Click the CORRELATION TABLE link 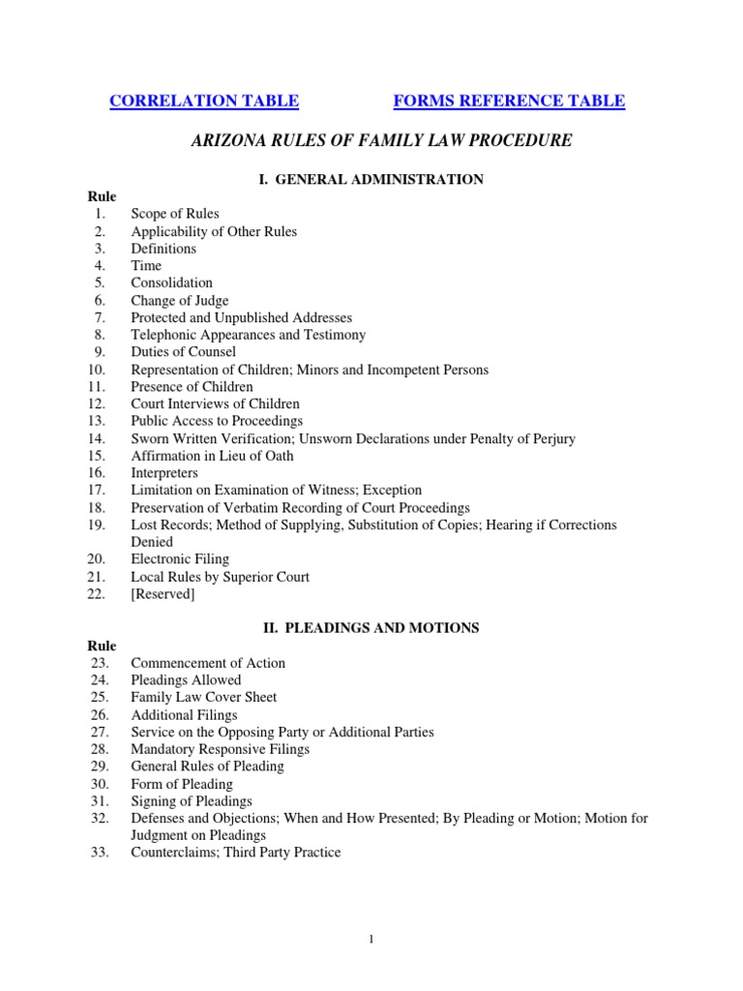204,101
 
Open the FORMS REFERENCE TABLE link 509,101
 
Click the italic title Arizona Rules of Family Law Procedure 383,141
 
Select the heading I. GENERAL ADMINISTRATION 372,179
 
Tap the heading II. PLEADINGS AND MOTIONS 371,628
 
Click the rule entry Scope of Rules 175,214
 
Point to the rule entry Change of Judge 180,300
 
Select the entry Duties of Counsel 183,352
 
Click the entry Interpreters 164,473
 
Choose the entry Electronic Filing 180,559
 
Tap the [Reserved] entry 163,594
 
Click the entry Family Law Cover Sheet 204,697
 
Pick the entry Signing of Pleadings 192,801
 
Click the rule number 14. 96,438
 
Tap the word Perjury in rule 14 552,438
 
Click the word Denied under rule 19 153,542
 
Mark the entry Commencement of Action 208,663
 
